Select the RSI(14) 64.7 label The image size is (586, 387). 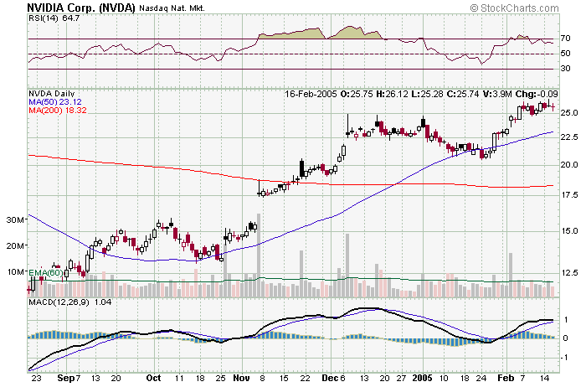[x=49, y=18]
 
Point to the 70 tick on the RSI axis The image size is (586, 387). [x=566, y=39]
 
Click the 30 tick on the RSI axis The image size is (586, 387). [x=566, y=70]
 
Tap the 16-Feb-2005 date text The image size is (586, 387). [x=311, y=94]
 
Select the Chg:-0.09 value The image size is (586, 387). [x=537, y=94]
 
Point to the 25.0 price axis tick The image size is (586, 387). [x=570, y=112]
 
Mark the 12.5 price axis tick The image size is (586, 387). [x=570, y=272]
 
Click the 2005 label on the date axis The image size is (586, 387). [x=422, y=378]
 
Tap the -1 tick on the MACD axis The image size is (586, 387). [x=566, y=356]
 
